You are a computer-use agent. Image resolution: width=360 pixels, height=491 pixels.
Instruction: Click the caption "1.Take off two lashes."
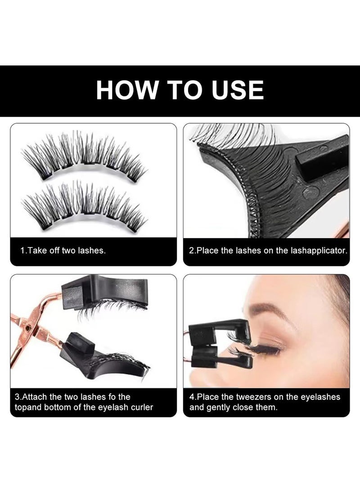(x=63, y=251)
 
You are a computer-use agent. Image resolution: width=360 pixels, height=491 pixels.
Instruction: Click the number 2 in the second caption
(x=191, y=251)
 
